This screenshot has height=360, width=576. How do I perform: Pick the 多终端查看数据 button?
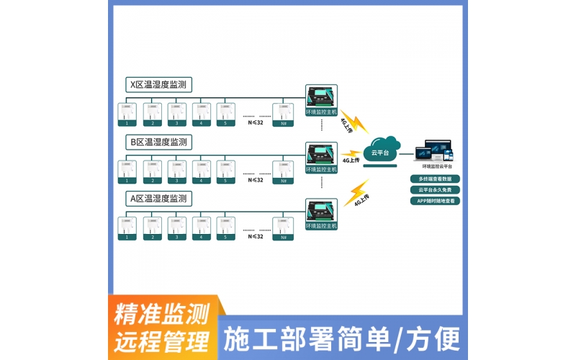click(x=435, y=179)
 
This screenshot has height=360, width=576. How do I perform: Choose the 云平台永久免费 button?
click(x=435, y=190)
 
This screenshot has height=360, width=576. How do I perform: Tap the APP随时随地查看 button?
click(x=435, y=201)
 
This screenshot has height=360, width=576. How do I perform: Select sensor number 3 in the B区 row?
click(x=176, y=171)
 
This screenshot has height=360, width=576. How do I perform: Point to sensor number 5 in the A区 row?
click(x=225, y=228)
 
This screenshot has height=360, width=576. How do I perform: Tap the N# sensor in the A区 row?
click(x=283, y=228)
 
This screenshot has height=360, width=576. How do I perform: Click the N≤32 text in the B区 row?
click(x=255, y=180)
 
